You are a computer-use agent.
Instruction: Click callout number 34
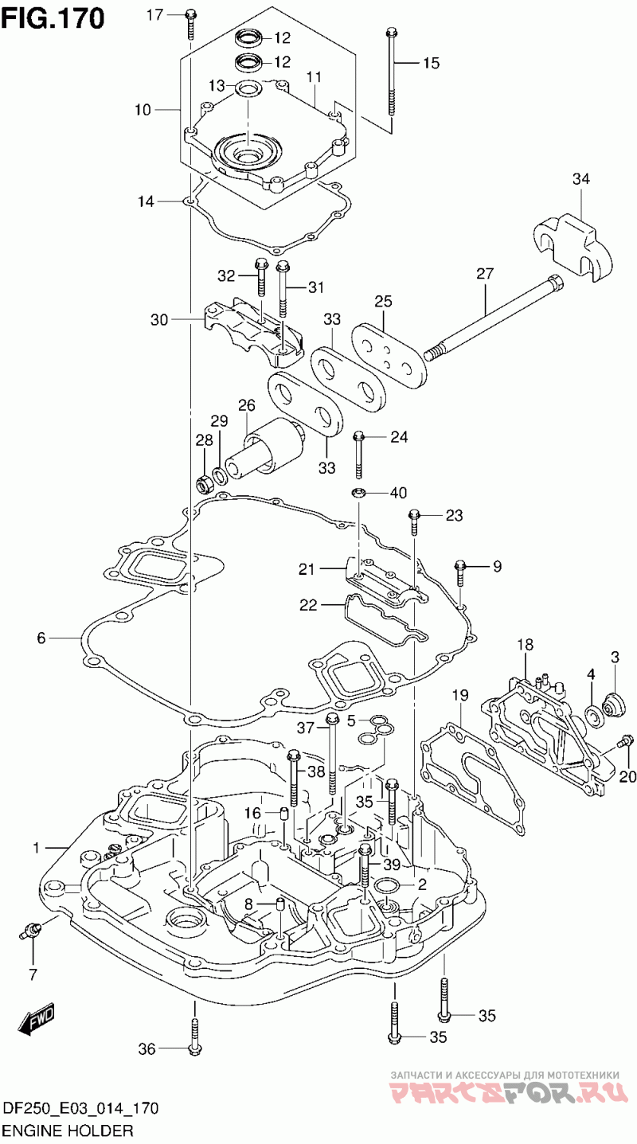[x=580, y=180]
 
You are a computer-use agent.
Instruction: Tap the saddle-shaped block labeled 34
[x=571, y=242]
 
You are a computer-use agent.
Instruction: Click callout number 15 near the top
[x=431, y=64]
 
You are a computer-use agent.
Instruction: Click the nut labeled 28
[x=203, y=482]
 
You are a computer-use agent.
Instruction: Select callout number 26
[x=245, y=405]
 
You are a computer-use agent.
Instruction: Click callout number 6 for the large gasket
[x=42, y=637]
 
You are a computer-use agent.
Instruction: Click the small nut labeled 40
[x=359, y=492]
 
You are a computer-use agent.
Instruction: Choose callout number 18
[x=525, y=643]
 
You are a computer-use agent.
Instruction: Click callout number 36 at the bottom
[x=147, y=1049]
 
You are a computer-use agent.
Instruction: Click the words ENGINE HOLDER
[x=68, y=1130]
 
